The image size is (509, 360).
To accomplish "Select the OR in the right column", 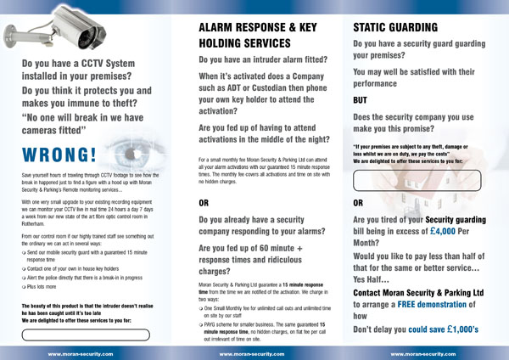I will pyautogui.click(x=359, y=204).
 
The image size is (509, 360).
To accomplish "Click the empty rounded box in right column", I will pyautogui.click(x=417, y=180).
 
